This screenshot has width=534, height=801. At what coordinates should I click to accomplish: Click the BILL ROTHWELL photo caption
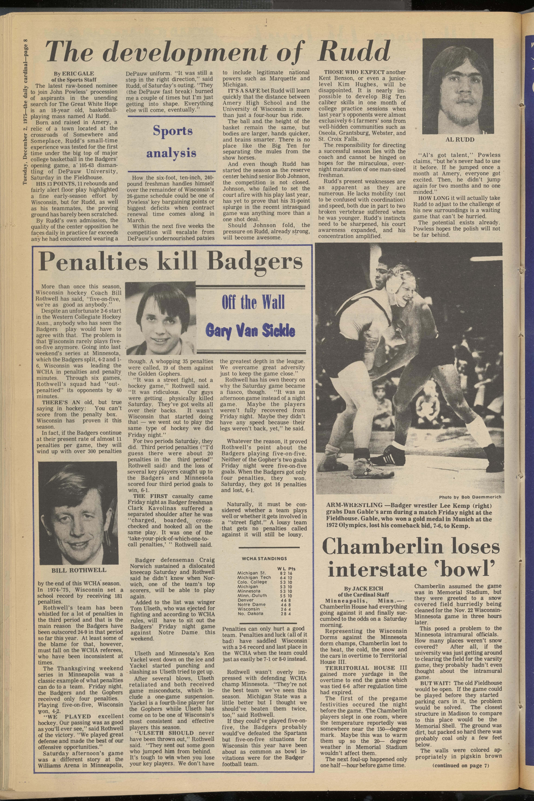[79, 570]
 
